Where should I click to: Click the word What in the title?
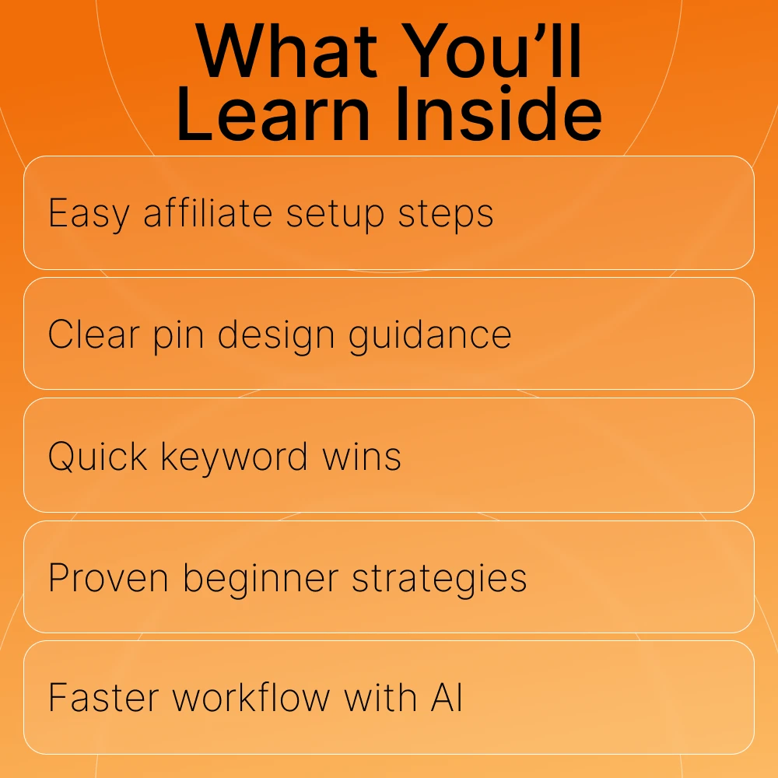pyautogui.click(x=286, y=51)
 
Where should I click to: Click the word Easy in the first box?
pyautogui.click(x=89, y=214)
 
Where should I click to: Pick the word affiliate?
pyautogui.click(x=208, y=213)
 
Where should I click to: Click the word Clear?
pyautogui.click(x=94, y=335)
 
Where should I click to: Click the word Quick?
pyautogui.click(x=98, y=456)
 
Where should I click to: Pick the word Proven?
pyautogui.click(x=108, y=578)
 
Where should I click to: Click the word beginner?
pyautogui.click(x=261, y=579)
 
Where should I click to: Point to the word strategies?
pyautogui.click(x=440, y=579)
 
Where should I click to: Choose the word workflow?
pyautogui.click(x=251, y=698)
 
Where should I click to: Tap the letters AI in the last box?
pyautogui.click(x=447, y=698)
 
